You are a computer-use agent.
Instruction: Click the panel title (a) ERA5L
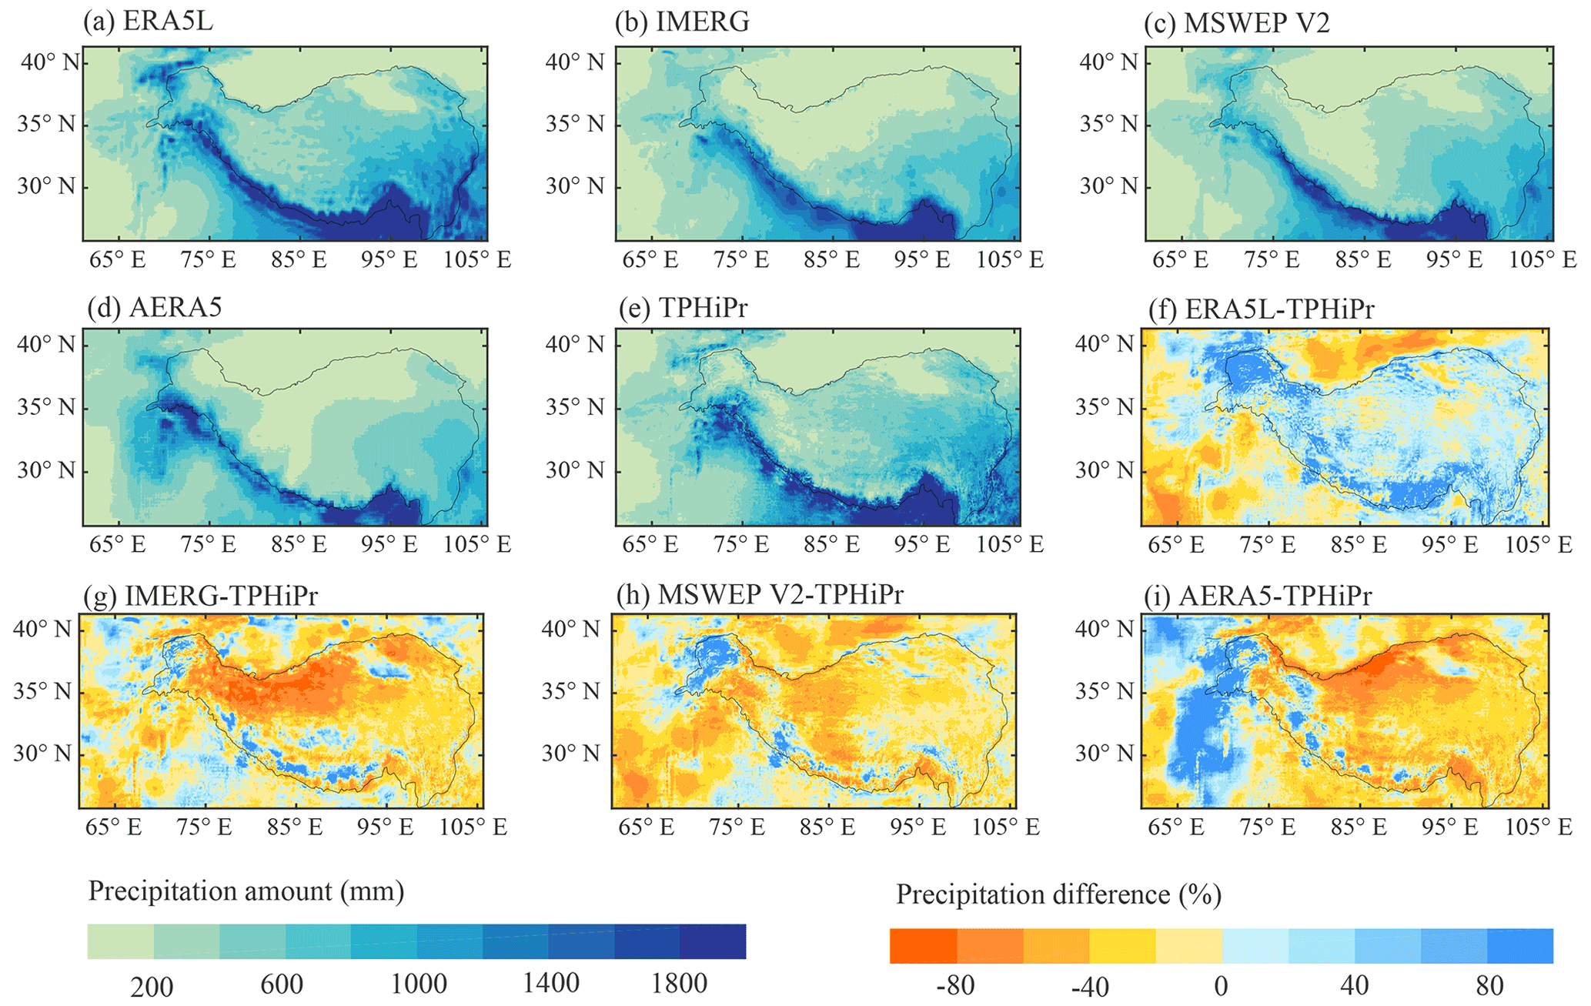pyautogui.click(x=148, y=22)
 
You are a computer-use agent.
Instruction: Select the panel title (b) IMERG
pyautogui.click(x=682, y=22)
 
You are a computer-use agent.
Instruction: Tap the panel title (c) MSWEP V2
pyautogui.click(x=1236, y=23)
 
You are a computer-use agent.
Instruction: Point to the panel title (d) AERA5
pyautogui.click(x=155, y=308)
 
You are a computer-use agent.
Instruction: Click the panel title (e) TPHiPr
pyautogui.click(x=683, y=308)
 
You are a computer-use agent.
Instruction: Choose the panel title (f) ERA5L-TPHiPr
pyautogui.click(x=1260, y=309)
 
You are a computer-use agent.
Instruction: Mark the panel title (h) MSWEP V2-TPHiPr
pyautogui.click(x=760, y=594)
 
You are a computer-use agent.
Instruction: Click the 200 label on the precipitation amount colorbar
pyautogui.click(x=152, y=986)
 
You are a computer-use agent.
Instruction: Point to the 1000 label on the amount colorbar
pyautogui.click(x=419, y=984)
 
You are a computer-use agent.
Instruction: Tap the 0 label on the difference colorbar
pyautogui.click(x=1222, y=986)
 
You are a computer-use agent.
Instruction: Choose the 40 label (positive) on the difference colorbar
pyautogui.click(x=1354, y=986)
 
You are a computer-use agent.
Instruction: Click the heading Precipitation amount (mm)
pyautogui.click(x=246, y=891)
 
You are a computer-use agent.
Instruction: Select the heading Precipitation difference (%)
pyautogui.click(x=1058, y=894)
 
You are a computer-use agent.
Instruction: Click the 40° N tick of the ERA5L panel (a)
pyautogui.click(x=50, y=62)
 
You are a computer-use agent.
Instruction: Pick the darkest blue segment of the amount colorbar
pyautogui.click(x=713, y=941)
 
